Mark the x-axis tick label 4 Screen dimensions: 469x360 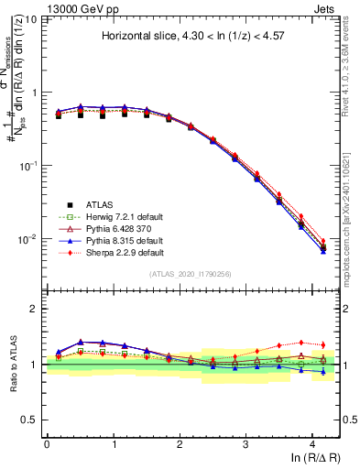(312, 444)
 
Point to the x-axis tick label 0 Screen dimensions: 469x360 (47, 444)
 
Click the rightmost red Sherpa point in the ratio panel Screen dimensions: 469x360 (322, 345)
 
